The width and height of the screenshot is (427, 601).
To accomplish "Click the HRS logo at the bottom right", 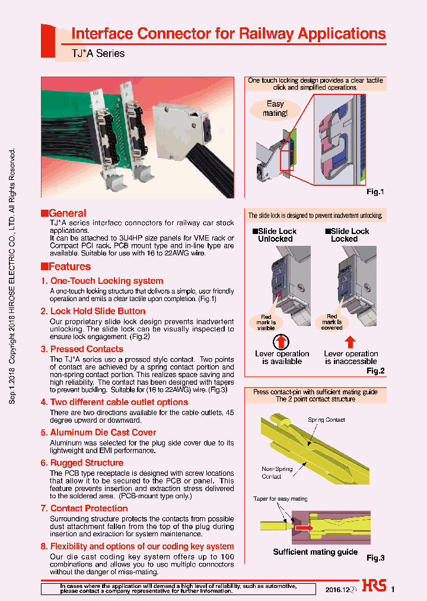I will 374,586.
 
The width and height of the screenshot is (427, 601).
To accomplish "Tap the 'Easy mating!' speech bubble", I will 275,108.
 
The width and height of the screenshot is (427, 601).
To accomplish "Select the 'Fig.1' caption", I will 375,192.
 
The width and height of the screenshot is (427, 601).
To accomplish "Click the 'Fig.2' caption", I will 375,371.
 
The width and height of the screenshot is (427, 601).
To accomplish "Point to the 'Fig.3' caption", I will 375,558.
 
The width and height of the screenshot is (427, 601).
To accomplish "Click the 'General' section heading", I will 67,213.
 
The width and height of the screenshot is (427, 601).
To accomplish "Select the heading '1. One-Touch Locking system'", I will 102,281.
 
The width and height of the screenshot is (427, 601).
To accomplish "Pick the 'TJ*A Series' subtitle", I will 98,53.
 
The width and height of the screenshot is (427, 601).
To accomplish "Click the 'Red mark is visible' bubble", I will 266,322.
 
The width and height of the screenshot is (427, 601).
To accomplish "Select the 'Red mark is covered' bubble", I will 332,322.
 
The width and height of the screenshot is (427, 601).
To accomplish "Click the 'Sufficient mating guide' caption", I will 315,552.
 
